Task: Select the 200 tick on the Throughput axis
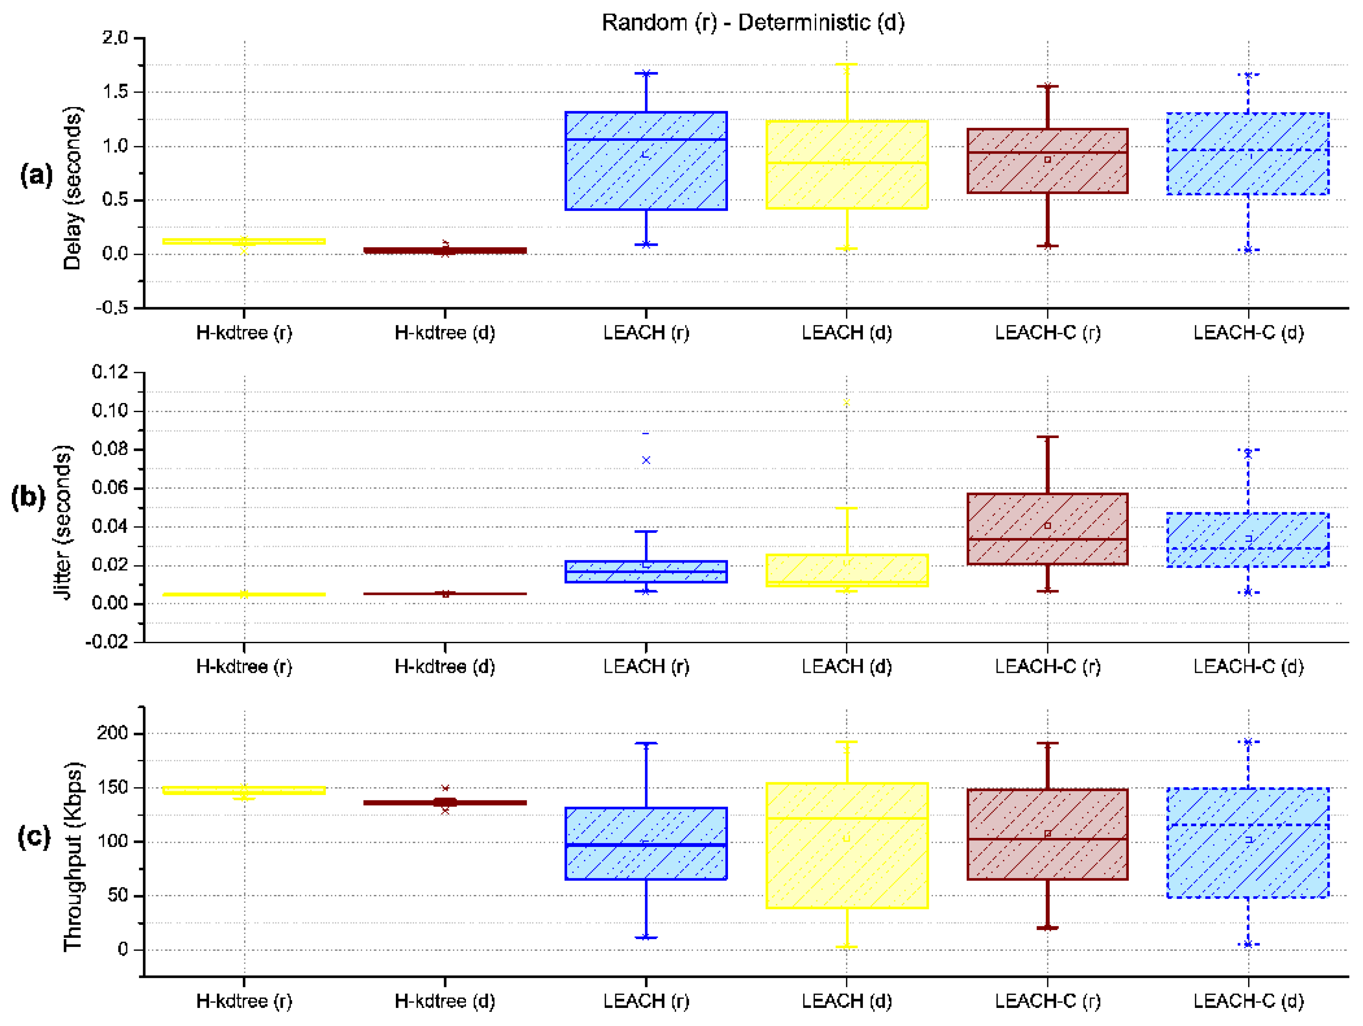coord(112,733)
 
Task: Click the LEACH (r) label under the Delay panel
coord(646,333)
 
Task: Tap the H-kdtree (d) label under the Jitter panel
coord(444,667)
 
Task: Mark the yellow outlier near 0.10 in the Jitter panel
coord(846,403)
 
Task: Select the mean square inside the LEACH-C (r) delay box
coord(1047,160)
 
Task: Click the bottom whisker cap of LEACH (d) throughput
coord(846,947)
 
